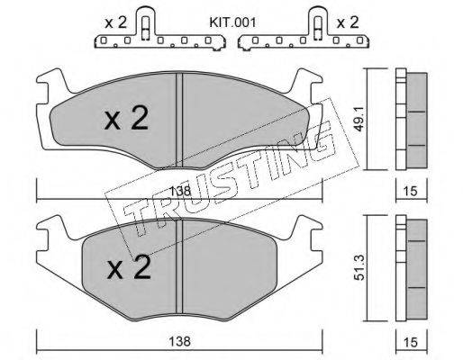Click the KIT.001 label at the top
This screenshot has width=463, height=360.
pos(232,22)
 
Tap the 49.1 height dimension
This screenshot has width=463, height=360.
pos(359,120)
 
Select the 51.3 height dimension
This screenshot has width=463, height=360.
pos(359,268)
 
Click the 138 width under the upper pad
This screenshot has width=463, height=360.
pos(180,191)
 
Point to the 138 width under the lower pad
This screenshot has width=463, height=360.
pos(180,341)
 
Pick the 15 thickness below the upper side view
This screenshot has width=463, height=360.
pos(411,191)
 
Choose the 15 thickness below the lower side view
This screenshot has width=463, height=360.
pos(411,342)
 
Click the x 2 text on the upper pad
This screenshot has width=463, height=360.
pos(126,118)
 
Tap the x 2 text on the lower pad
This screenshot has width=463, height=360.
pos(130,266)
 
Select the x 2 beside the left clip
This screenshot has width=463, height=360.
pos(115,22)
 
